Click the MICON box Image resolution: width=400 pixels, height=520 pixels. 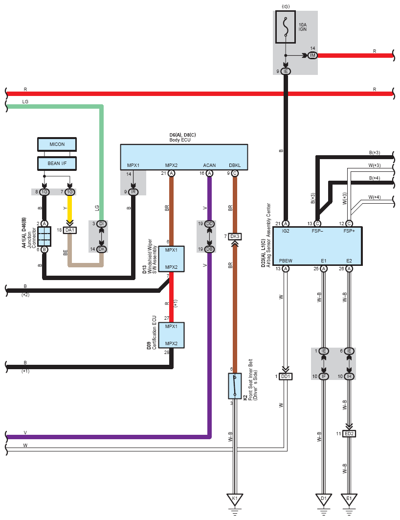tap(57, 144)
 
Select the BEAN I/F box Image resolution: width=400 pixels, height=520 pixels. tap(57, 164)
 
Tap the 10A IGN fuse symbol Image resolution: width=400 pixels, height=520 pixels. tap(286, 26)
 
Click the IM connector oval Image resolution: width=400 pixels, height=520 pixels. tap(312, 55)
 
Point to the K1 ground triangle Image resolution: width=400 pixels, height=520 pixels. tap(235, 499)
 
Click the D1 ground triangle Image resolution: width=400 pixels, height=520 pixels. tap(324, 499)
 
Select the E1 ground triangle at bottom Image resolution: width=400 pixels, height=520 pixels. tap(349, 499)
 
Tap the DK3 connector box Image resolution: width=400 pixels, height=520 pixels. tap(235, 236)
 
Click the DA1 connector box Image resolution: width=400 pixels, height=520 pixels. tap(70, 230)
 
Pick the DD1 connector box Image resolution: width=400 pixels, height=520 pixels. tap(286, 377)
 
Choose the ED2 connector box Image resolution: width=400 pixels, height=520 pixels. tap(349, 434)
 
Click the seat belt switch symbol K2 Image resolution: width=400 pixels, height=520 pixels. tap(235, 386)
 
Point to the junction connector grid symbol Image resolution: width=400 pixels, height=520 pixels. tap(44, 236)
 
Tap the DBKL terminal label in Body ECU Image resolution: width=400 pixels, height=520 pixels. tap(235, 165)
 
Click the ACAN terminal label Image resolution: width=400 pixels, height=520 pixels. tap(209, 165)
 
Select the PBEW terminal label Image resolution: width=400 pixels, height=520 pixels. tap(286, 260)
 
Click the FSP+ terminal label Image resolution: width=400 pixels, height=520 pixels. tap(349, 231)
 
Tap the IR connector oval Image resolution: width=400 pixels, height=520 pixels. tap(133, 192)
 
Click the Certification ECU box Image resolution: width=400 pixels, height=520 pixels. tap(171, 335)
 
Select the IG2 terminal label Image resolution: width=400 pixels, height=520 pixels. tap(286, 231)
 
